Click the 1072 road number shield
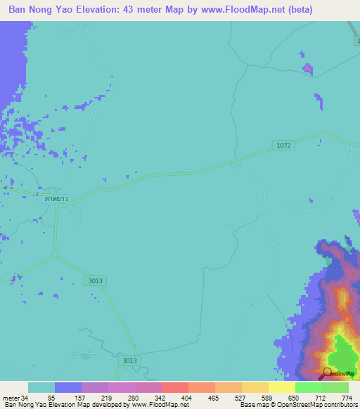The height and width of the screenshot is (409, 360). tap(283, 145)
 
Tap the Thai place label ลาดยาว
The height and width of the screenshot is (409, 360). tap(56, 199)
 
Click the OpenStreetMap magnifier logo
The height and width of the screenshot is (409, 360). tap(327, 372)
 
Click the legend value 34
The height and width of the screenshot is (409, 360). tap(25, 398)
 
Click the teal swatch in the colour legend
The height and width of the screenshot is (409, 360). tap(41, 387)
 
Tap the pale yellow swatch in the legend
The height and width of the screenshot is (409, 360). tap(281, 387)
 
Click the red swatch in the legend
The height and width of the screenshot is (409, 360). tap(174, 387)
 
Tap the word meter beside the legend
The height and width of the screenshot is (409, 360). tap(11, 398)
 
